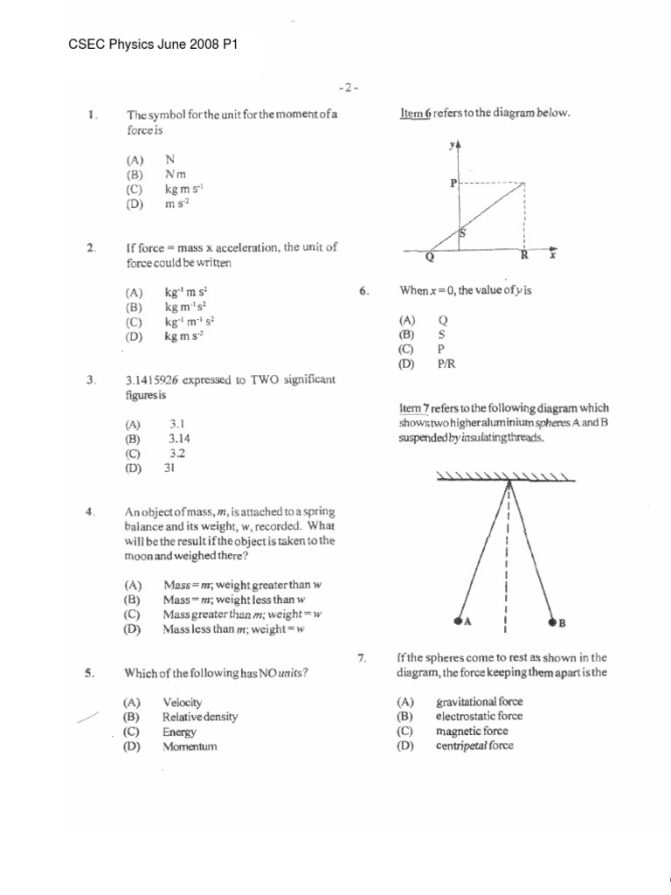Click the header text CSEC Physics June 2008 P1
click(x=153, y=45)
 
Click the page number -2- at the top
click(x=347, y=88)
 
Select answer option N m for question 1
click(x=176, y=174)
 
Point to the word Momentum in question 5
click(x=189, y=747)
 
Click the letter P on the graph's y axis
click(x=453, y=184)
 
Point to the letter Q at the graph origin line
click(x=429, y=258)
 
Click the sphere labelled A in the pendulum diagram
click(x=459, y=621)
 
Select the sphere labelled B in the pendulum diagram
click(x=552, y=623)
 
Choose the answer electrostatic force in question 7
click(x=479, y=716)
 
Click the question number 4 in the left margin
click(x=90, y=512)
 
